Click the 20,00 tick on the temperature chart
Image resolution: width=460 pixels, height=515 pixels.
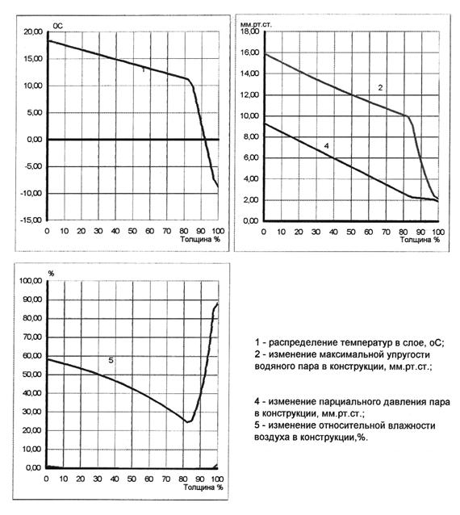click(x=33, y=31)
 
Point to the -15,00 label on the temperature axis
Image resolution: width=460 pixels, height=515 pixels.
click(x=31, y=220)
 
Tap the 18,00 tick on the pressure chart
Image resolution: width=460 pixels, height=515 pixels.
click(x=250, y=31)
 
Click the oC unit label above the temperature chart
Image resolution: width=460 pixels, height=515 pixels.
click(x=57, y=26)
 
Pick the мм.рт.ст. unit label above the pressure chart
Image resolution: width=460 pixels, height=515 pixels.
click(x=256, y=24)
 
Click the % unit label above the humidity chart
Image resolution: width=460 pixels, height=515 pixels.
click(x=51, y=274)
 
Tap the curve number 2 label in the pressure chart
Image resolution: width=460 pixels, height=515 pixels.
click(x=380, y=88)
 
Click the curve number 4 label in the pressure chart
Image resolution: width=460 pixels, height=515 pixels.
click(x=326, y=146)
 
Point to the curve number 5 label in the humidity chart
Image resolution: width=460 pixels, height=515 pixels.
click(x=111, y=360)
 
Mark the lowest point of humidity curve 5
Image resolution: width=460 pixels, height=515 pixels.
click(x=187, y=421)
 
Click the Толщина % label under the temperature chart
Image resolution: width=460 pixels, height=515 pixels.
click(x=199, y=239)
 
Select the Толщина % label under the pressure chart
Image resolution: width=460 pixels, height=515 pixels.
click(x=420, y=240)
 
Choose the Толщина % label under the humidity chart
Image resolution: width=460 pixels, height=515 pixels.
click(x=203, y=487)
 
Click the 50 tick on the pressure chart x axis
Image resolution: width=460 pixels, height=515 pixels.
click(x=351, y=232)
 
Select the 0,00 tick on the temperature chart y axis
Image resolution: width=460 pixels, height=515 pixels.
click(x=35, y=140)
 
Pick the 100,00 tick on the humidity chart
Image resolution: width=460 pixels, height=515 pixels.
click(x=31, y=281)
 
